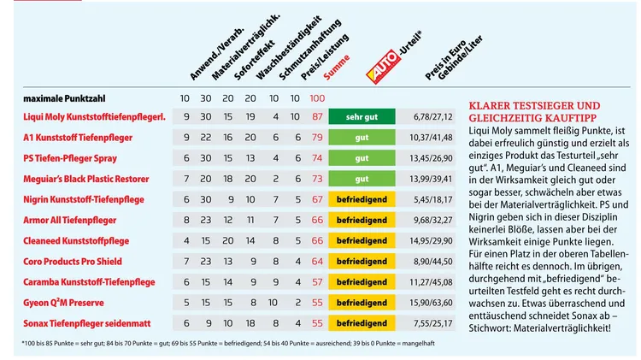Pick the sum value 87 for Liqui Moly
317,116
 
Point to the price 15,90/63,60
433,303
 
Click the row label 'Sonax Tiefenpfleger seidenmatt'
89,323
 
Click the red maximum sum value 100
317,98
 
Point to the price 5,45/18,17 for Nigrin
433,199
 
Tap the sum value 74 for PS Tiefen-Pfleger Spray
317,158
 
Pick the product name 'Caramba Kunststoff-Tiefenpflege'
89,282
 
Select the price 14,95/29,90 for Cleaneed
433,241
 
